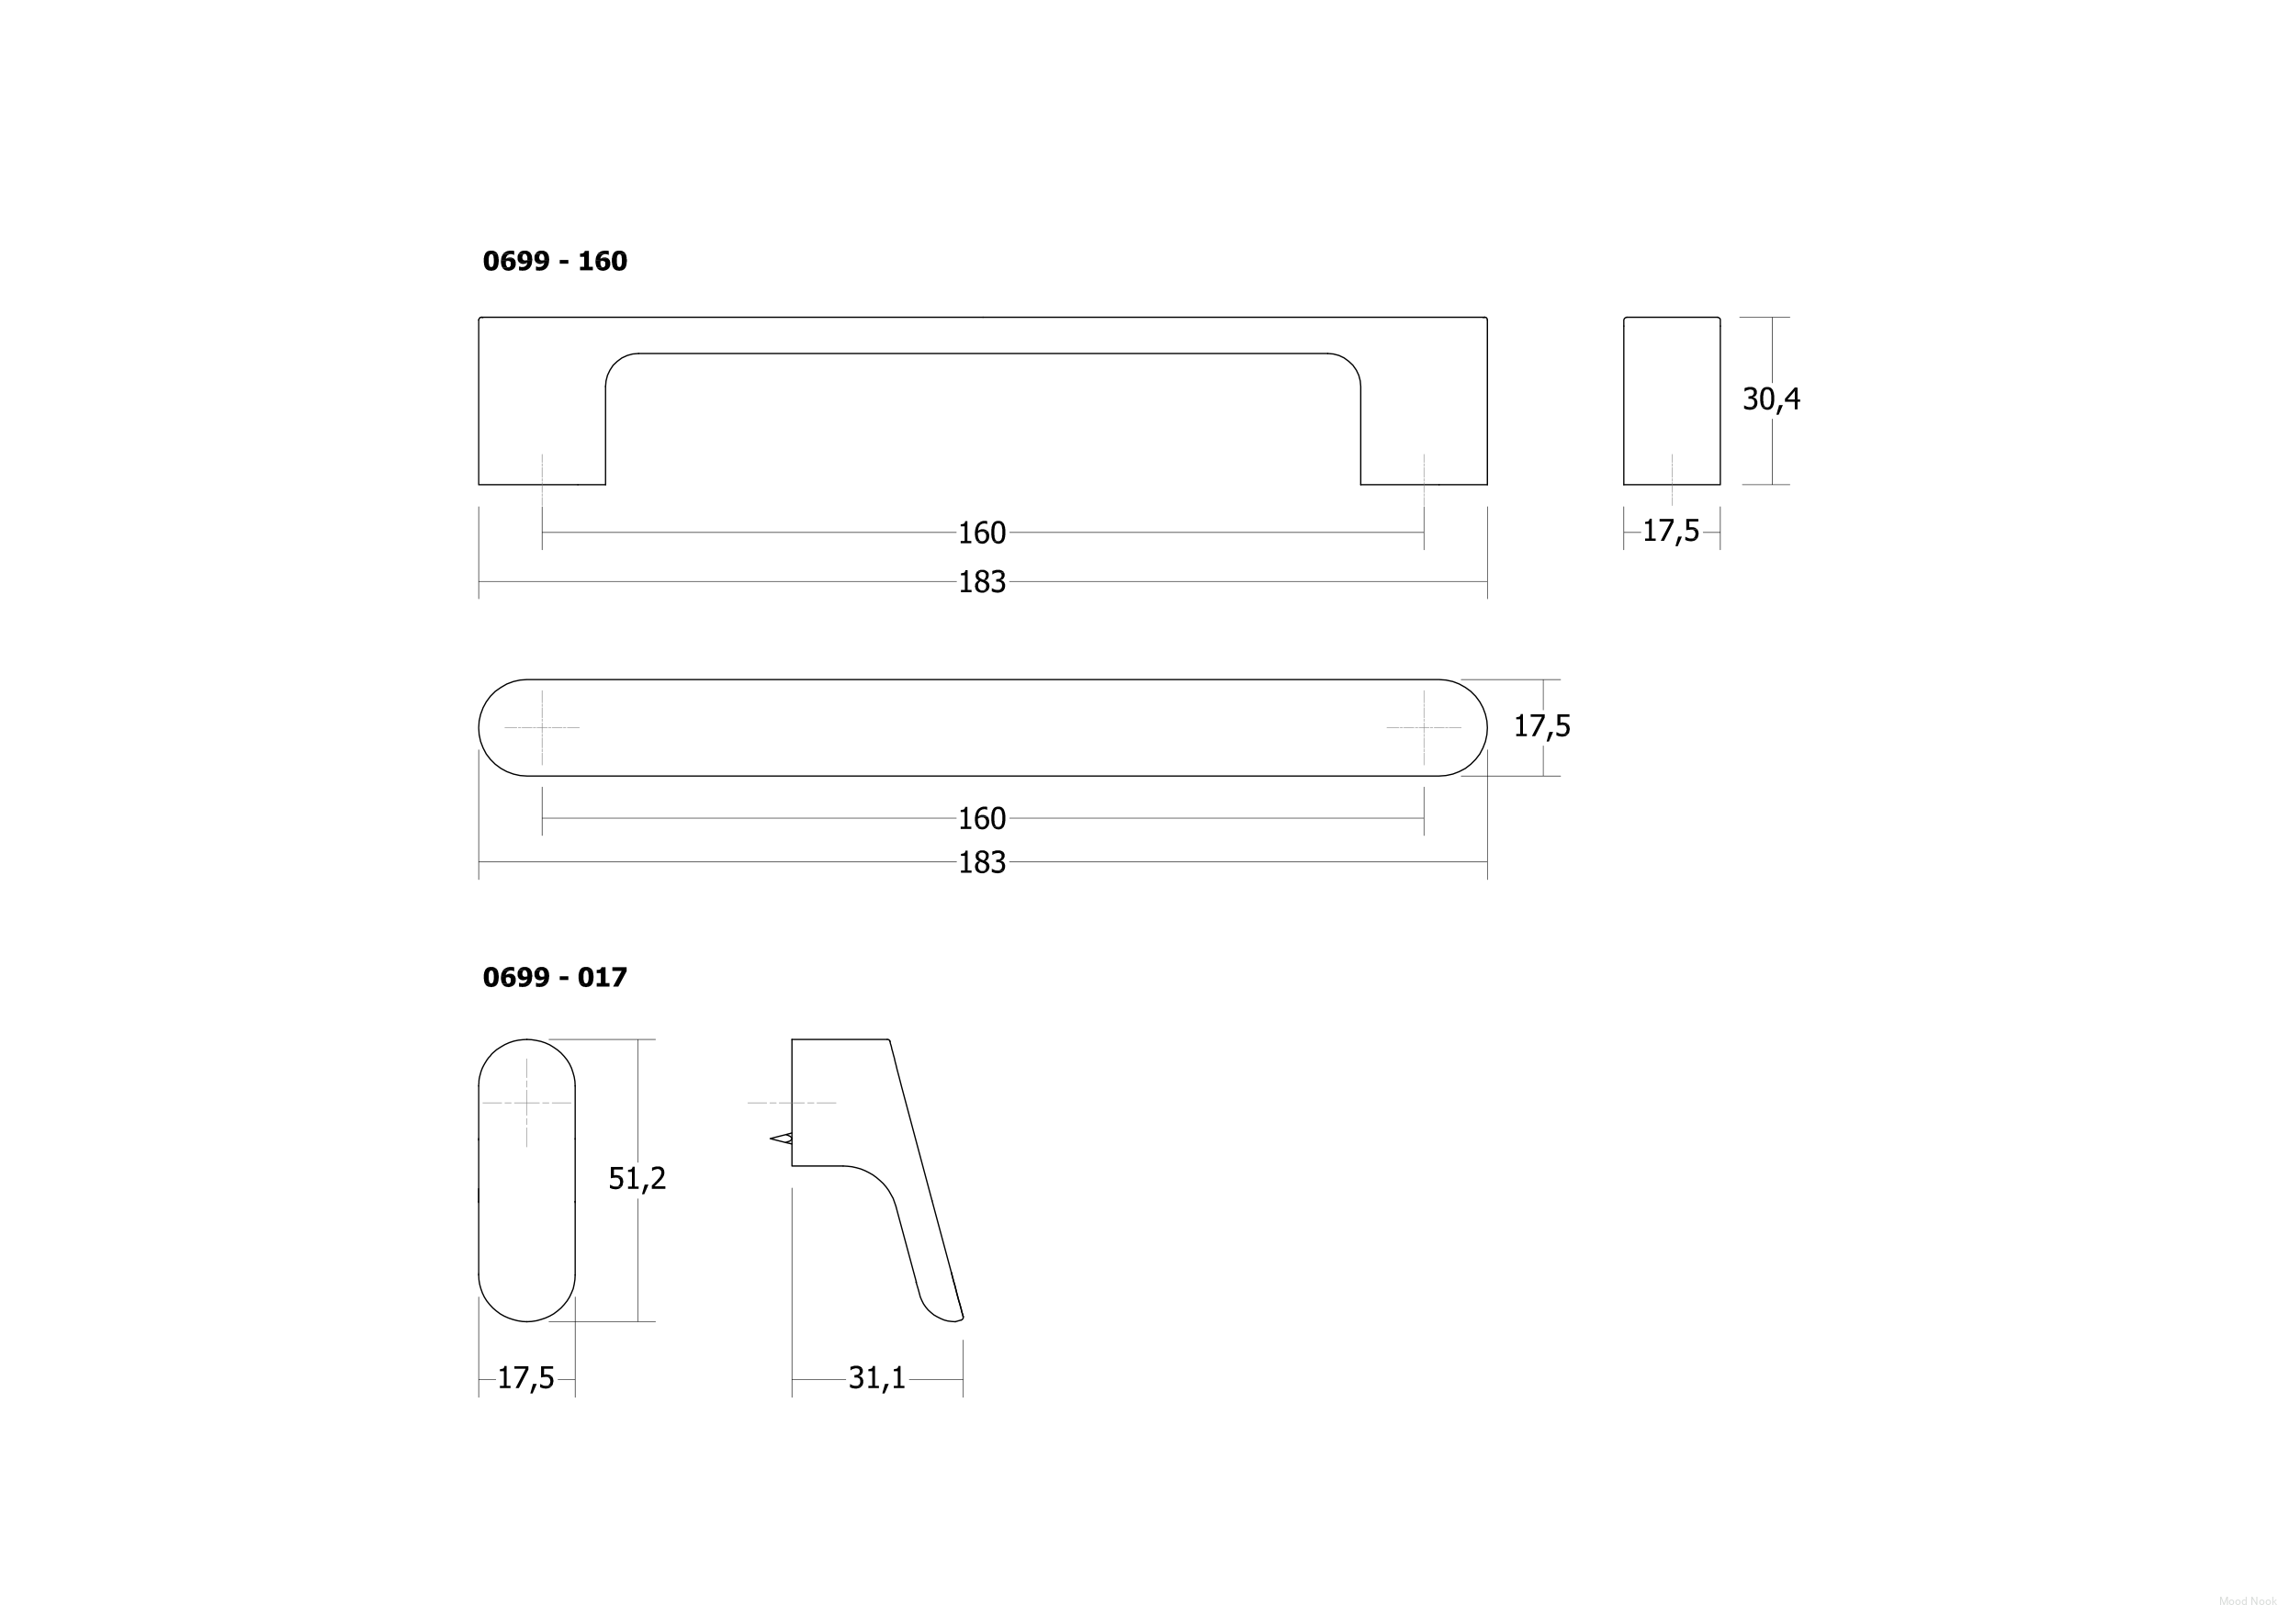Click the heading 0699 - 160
tap(555, 261)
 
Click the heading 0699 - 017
tap(555, 977)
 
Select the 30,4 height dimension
tap(1771, 398)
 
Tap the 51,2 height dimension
tap(637, 1178)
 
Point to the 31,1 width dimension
tap(876, 1379)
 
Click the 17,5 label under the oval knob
tap(525, 1379)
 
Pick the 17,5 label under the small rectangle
tap(1671, 532)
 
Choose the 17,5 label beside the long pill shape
tap(1542, 727)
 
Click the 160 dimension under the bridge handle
tap(982, 533)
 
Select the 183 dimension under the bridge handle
tap(982, 582)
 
